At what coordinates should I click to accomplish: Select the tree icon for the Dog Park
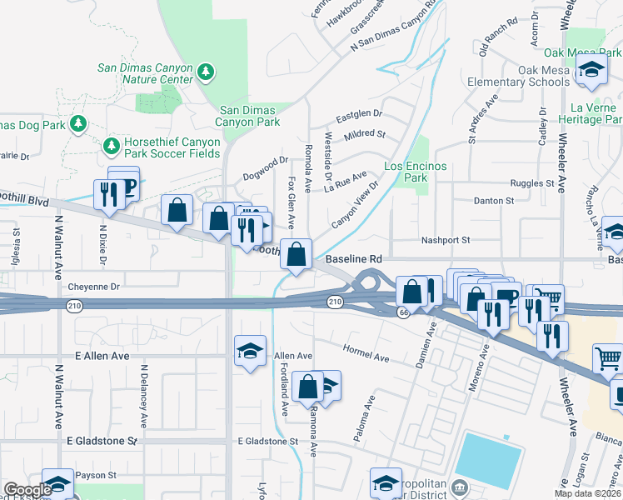click(x=78, y=124)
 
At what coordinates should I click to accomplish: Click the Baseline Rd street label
click(x=353, y=260)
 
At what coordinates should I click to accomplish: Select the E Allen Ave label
click(x=102, y=356)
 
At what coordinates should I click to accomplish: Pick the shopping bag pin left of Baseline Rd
click(x=297, y=253)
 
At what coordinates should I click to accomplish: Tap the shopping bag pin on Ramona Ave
click(x=307, y=386)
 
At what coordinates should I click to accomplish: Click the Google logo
click(x=27, y=490)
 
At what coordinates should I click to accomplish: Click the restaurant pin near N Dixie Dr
click(x=109, y=196)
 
